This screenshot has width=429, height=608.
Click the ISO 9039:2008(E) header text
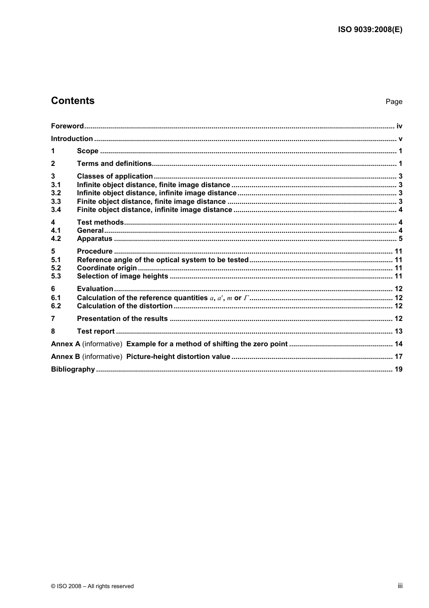click(x=370, y=30)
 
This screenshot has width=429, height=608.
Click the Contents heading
click(x=73, y=101)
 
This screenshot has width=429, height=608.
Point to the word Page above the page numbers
click(x=394, y=102)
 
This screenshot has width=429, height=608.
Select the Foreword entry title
click(x=67, y=126)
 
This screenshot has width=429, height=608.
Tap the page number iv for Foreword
click(x=399, y=126)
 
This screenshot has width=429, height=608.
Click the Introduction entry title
click(x=72, y=139)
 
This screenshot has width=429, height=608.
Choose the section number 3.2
click(x=56, y=193)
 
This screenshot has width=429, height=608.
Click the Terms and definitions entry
click(x=114, y=164)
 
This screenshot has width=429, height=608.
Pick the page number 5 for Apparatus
click(x=400, y=239)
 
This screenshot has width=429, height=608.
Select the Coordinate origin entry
click(x=107, y=268)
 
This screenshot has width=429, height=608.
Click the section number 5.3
click(x=56, y=276)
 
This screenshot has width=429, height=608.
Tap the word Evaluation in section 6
click(x=95, y=289)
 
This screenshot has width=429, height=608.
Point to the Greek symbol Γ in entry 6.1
click(x=246, y=298)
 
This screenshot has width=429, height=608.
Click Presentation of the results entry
click(x=122, y=319)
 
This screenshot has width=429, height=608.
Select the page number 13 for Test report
click(x=398, y=331)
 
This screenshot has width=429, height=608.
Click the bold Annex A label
click(x=65, y=344)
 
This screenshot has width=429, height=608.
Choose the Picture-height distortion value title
click(x=178, y=357)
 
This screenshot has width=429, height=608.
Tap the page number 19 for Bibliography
click(x=398, y=369)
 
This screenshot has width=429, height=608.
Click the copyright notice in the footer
click(x=92, y=586)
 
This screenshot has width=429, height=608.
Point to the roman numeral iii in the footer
click(x=400, y=586)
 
